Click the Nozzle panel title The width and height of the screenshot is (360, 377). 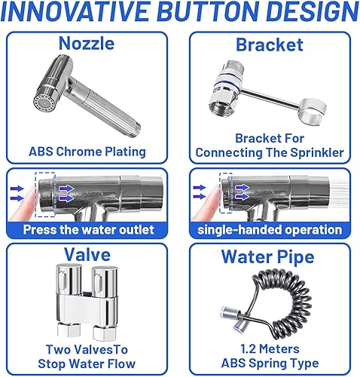coord(87,43)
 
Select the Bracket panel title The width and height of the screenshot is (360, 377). coord(270,44)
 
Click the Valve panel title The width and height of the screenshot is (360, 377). coord(87,254)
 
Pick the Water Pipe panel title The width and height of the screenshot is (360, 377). coord(267,257)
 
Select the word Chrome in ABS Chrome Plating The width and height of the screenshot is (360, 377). coord(78,152)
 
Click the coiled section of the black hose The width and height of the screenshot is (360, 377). coord(284,296)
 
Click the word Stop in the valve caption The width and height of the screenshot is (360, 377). coord(52,363)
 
